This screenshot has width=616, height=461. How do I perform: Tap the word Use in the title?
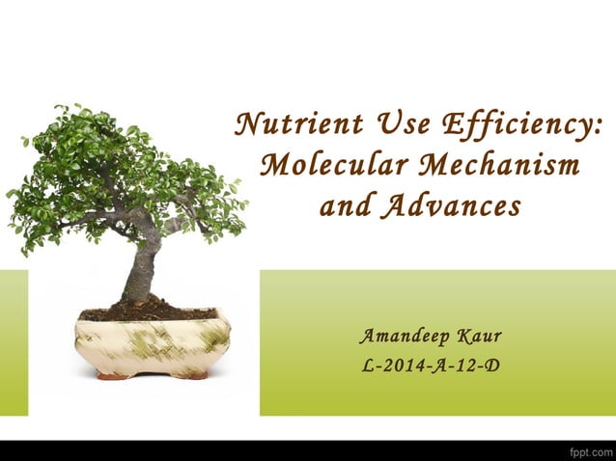pyautogui.click(x=397, y=125)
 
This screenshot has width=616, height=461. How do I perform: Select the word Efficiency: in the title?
pyautogui.click(x=521, y=126)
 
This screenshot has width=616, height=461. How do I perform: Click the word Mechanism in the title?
pyautogui.click(x=500, y=165)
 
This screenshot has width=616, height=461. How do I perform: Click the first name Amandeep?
pyautogui.click(x=401, y=337)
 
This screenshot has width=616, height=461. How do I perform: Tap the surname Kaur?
pyautogui.click(x=479, y=337)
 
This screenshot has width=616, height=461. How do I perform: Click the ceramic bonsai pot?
pyautogui.click(x=152, y=342)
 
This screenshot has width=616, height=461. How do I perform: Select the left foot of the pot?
pyautogui.click(x=113, y=375)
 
